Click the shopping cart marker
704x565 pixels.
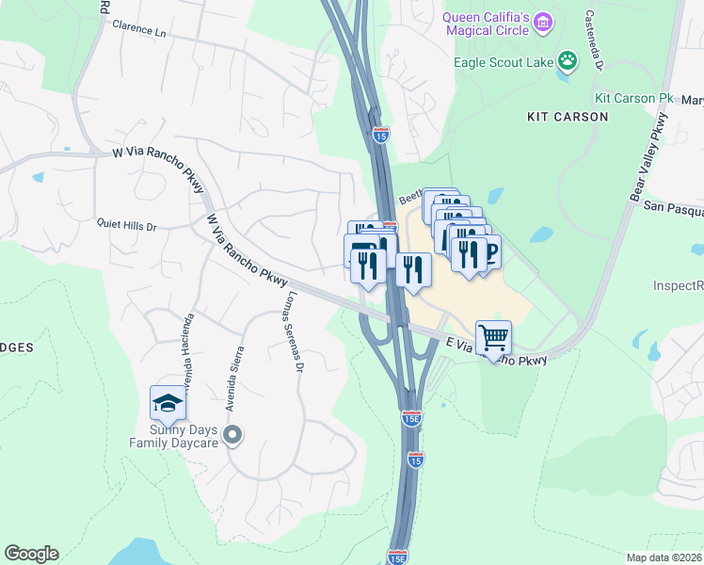493,337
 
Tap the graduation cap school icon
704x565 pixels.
167,403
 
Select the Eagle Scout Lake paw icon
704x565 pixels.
567,62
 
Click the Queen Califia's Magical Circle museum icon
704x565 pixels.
542,21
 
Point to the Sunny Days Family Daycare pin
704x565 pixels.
232,435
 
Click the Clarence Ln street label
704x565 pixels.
138,29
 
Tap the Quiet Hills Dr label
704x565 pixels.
126,226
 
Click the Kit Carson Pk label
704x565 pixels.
634,98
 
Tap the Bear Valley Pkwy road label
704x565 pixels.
648,155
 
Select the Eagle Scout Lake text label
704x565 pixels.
504,63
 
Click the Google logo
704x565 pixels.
31,554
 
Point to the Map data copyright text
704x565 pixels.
664,557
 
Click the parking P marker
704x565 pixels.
488,252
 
